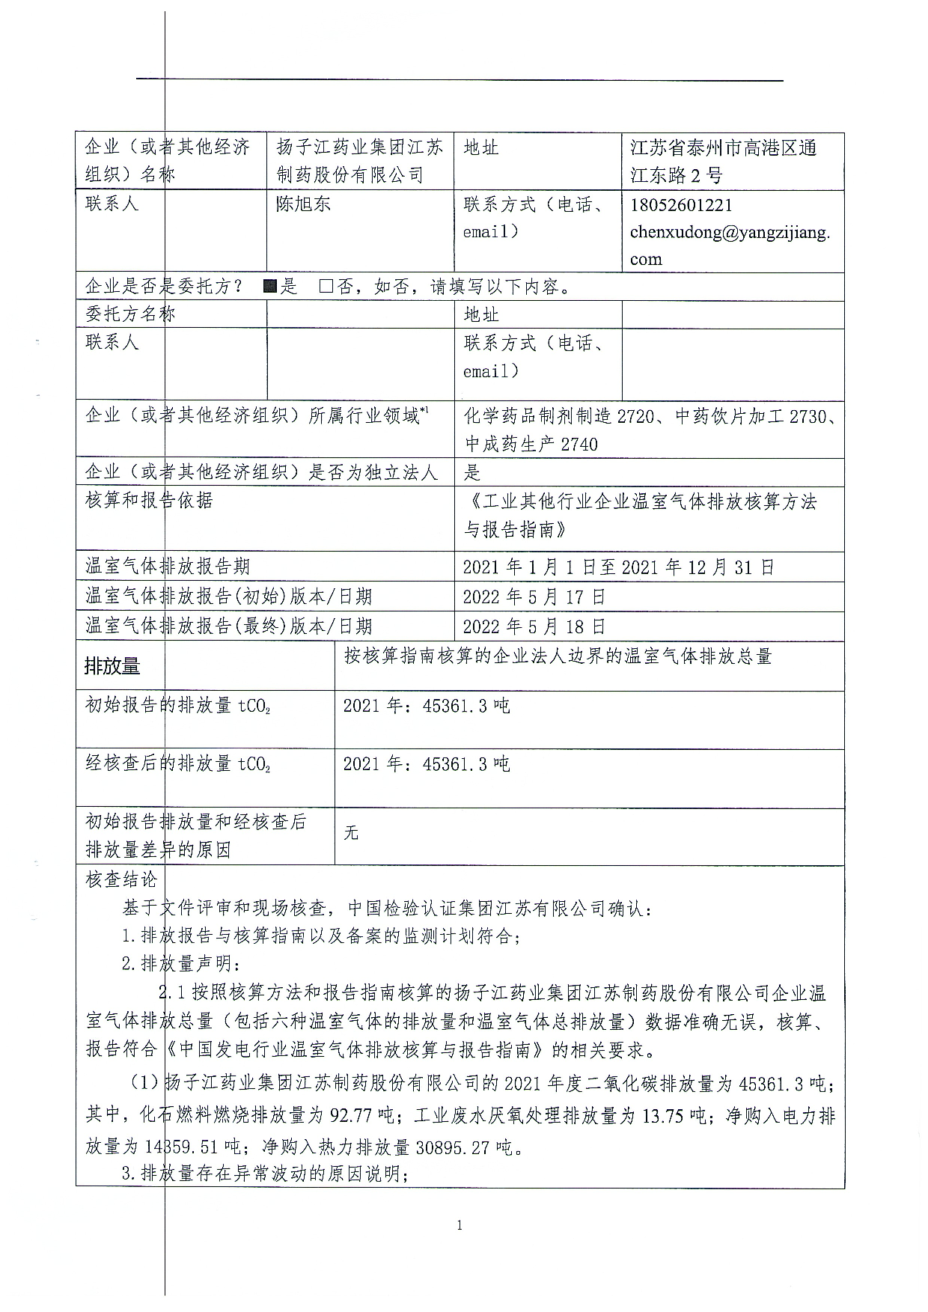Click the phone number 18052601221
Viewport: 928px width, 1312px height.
tap(681, 205)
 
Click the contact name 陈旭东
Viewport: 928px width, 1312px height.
tap(303, 204)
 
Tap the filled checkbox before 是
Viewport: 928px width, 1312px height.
tap(271, 286)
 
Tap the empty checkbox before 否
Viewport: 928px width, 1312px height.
tap(326, 286)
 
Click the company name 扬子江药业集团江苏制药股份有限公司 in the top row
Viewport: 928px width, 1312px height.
tap(359, 161)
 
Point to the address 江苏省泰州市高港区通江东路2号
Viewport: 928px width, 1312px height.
tap(723, 161)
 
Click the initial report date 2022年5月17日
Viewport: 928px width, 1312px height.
tap(534, 596)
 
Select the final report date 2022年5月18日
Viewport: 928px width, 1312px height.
tap(534, 626)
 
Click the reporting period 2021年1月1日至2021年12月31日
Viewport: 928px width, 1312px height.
tap(618, 567)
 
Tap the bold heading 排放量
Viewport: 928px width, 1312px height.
tap(112, 665)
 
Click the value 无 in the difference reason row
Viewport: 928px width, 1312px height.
tap(351, 833)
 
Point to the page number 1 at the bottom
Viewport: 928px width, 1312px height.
tap(460, 1225)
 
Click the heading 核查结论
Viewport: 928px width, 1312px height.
tap(121, 879)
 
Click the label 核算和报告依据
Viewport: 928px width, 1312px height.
tap(149, 500)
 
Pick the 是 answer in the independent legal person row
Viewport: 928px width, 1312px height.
tap(472, 472)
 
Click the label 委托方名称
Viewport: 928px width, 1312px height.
tap(130, 314)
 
